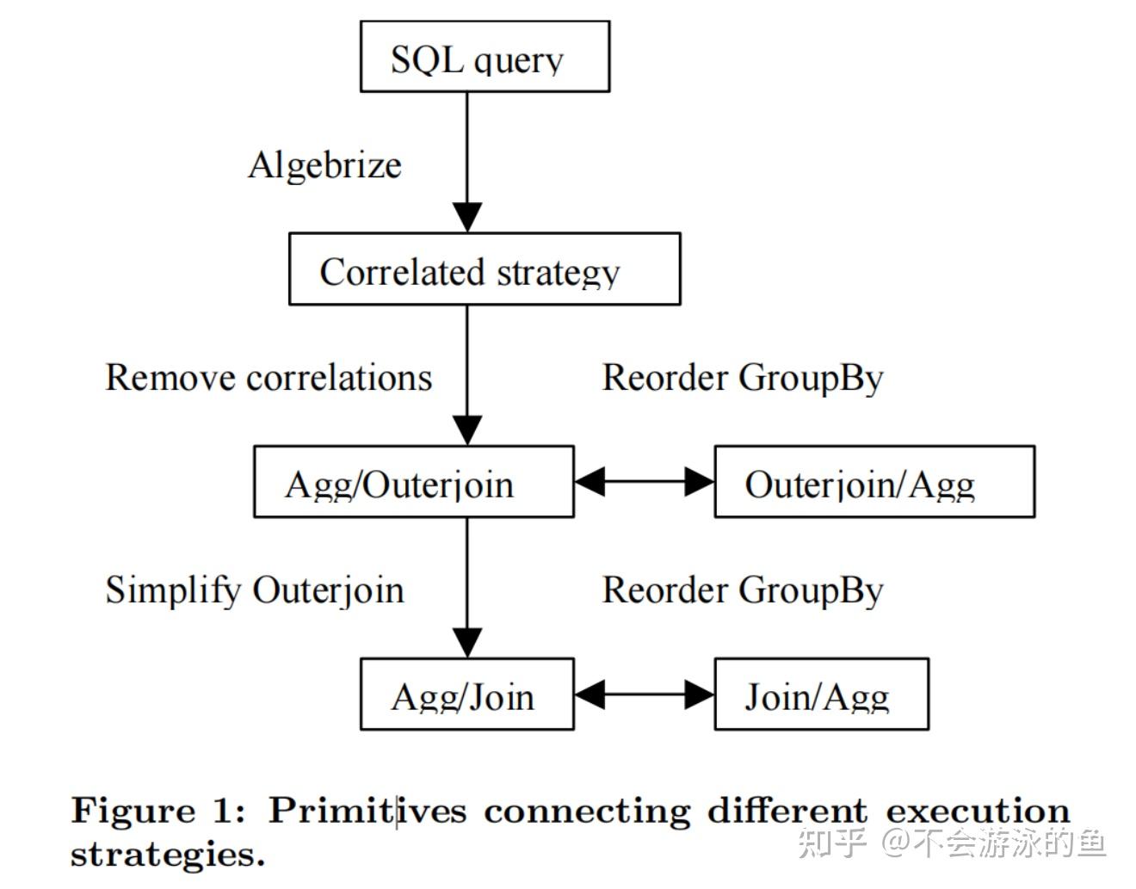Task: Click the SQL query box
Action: (485, 57)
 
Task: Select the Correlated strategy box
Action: (485, 269)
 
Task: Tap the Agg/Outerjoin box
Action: (413, 481)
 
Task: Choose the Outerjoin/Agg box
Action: (874, 481)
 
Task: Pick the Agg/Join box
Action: (466, 694)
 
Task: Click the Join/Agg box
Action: (821, 694)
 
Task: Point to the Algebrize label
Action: (325, 164)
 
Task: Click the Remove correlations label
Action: (269, 377)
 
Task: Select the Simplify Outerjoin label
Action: (255, 590)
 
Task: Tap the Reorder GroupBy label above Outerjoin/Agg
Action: (743, 378)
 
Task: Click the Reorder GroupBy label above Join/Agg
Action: (743, 590)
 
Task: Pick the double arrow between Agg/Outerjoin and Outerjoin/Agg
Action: (644, 482)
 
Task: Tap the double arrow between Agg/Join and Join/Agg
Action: (644, 695)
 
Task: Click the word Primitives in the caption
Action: (368, 811)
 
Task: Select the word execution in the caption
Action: (978, 811)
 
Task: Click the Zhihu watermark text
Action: (952, 843)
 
